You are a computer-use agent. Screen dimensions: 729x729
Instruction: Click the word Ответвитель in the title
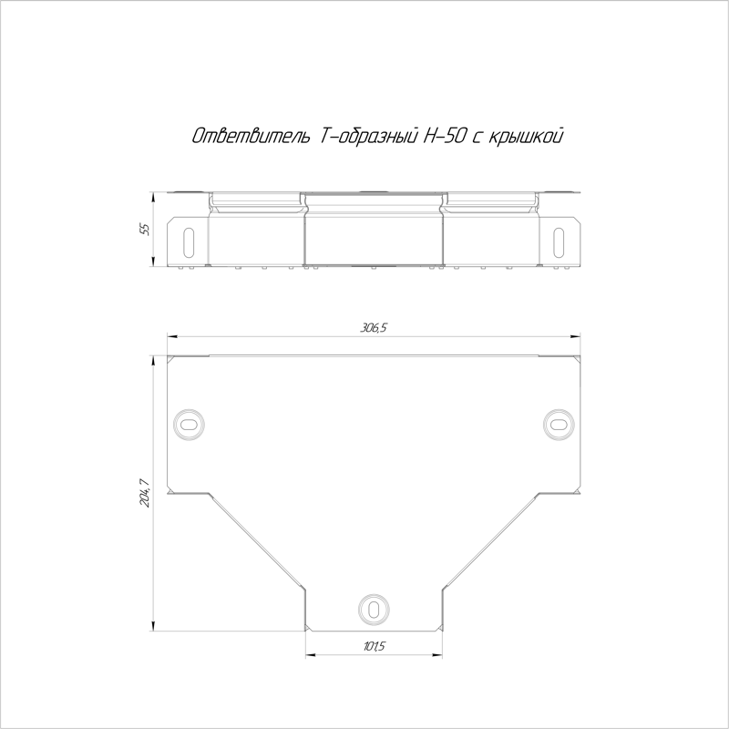click(251, 136)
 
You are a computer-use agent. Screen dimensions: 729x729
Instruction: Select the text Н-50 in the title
click(444, 136)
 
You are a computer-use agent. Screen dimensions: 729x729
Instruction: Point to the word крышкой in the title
click(526, 136)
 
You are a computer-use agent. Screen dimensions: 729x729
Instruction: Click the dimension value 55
click(146, 230)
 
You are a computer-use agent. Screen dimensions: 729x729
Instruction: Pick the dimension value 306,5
click(374, 328)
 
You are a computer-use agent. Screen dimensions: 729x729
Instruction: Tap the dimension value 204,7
click(145, 493)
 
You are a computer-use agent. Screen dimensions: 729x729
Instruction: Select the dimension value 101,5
click(374, 646)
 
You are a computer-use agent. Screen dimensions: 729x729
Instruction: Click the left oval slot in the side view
click(189, 241)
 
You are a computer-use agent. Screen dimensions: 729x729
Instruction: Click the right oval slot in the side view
click(559, 241)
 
